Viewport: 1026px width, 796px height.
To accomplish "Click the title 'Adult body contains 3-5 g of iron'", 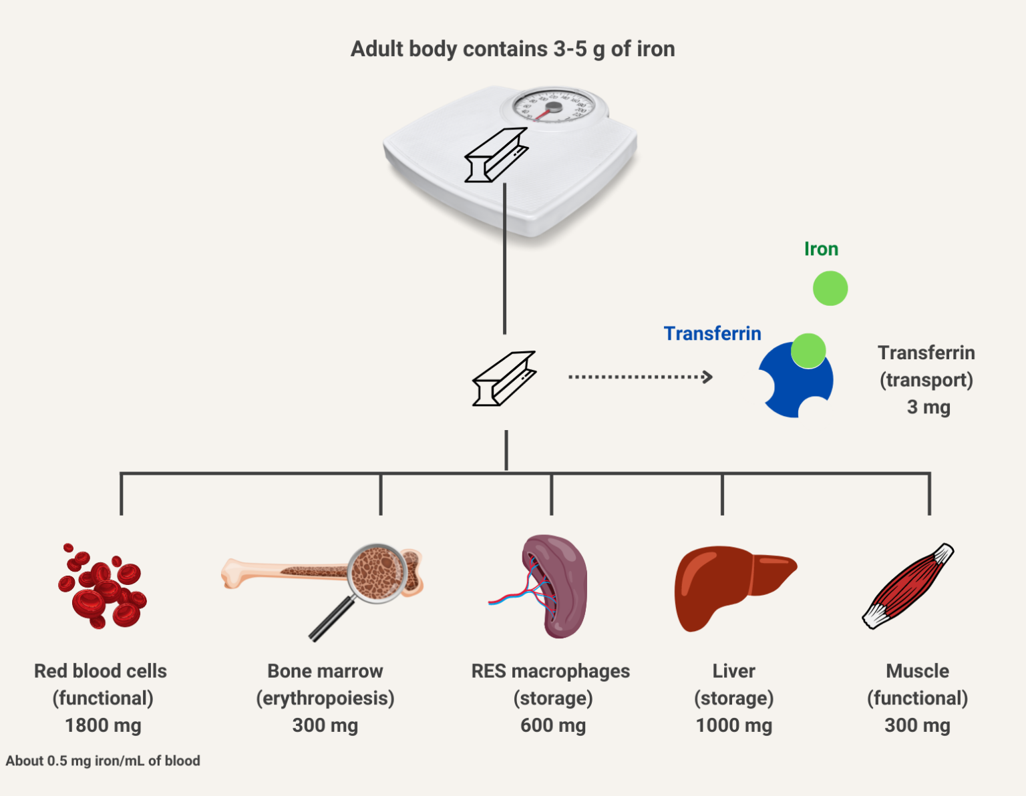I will pyautogui.click(x=512, y=49).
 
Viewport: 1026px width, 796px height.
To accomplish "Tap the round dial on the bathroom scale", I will pyautogui.click(x=554, y=107).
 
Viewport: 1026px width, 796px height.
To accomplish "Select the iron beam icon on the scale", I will pyautogui.click(x=496, y=155).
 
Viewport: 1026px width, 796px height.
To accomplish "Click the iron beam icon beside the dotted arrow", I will pyautogui.click(x=504, y=379).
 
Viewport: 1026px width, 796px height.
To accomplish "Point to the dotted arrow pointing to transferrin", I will pyautogui.click(x=640, y=377).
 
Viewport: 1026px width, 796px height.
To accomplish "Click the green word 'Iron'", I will pyautogui.click(x=821, y=249).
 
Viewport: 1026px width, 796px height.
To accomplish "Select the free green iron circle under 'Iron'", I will pyautogui.click(x=830, y=288).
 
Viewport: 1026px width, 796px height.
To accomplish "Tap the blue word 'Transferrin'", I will pyautogui.click(x=712, y=333).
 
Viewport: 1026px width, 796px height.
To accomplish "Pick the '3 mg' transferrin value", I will pyautogui.click(x=928, y=407).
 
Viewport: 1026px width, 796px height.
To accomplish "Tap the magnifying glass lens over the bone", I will pyautogui.click(x=379, y=573).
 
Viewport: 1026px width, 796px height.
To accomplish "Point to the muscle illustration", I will pyautogui.click(x=908, y=586).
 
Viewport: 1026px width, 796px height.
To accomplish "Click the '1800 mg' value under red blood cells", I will pyautogui.click(x=103, y=725).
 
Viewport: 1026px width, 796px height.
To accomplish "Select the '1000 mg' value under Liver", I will pyautogui.click(x=733, y=725).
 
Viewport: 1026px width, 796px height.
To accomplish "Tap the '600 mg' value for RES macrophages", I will pyautogui.click(x=552, y=725).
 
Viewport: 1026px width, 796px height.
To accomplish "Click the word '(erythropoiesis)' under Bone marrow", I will pyautogui.click(x=325, y=698).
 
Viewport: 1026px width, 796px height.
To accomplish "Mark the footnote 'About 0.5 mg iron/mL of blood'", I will pyautogui.click(x=103, y=761).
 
